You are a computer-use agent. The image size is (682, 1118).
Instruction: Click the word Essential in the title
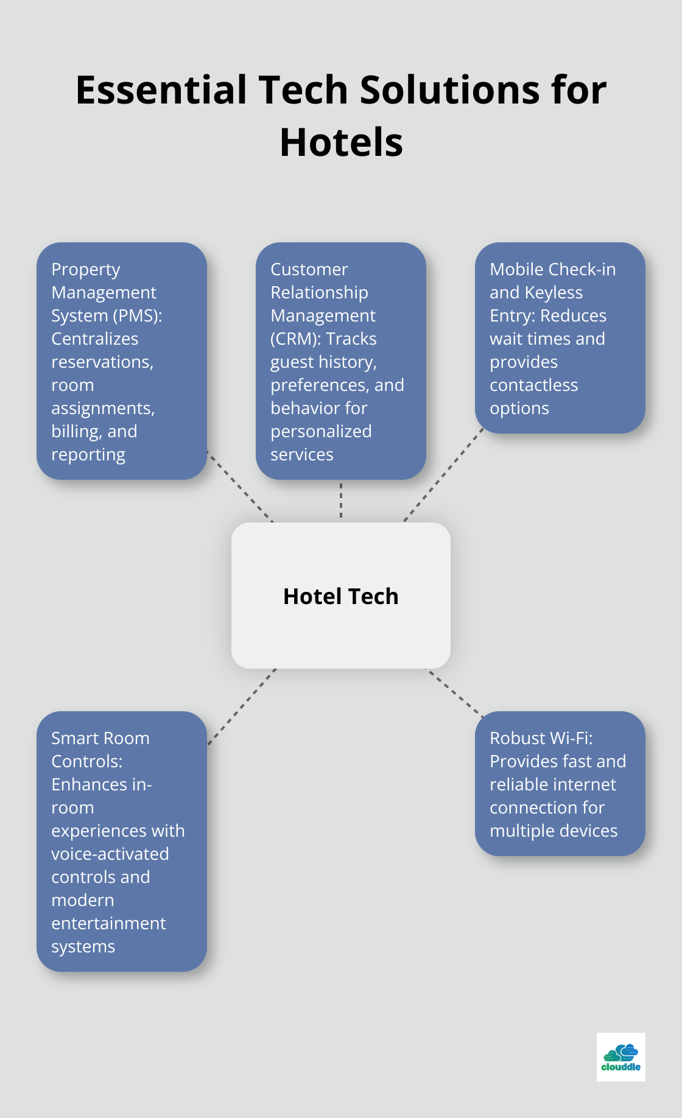point(161,90)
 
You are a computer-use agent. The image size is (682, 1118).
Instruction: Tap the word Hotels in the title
point(341,142)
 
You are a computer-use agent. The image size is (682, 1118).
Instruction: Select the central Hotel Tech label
point(341,596)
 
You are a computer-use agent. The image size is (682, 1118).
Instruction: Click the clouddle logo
point(620,1057)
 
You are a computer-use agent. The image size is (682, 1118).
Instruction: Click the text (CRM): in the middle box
point(296,339)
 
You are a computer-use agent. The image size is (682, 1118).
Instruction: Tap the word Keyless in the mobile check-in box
point(554,292)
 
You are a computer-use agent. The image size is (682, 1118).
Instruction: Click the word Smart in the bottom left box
point(74,738)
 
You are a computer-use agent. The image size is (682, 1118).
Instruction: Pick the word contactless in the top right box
point(533,385)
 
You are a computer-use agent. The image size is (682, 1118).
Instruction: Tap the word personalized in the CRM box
point(321,431)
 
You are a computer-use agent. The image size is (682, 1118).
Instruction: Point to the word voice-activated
point(110,854)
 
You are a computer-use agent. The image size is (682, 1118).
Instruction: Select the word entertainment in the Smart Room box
point(108,923)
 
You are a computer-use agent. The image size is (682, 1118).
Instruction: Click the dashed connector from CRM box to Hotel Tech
point(341,501)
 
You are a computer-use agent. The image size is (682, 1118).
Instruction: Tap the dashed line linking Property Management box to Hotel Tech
point(240,487)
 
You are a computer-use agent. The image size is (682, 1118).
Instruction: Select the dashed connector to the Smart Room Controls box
point(242,706)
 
